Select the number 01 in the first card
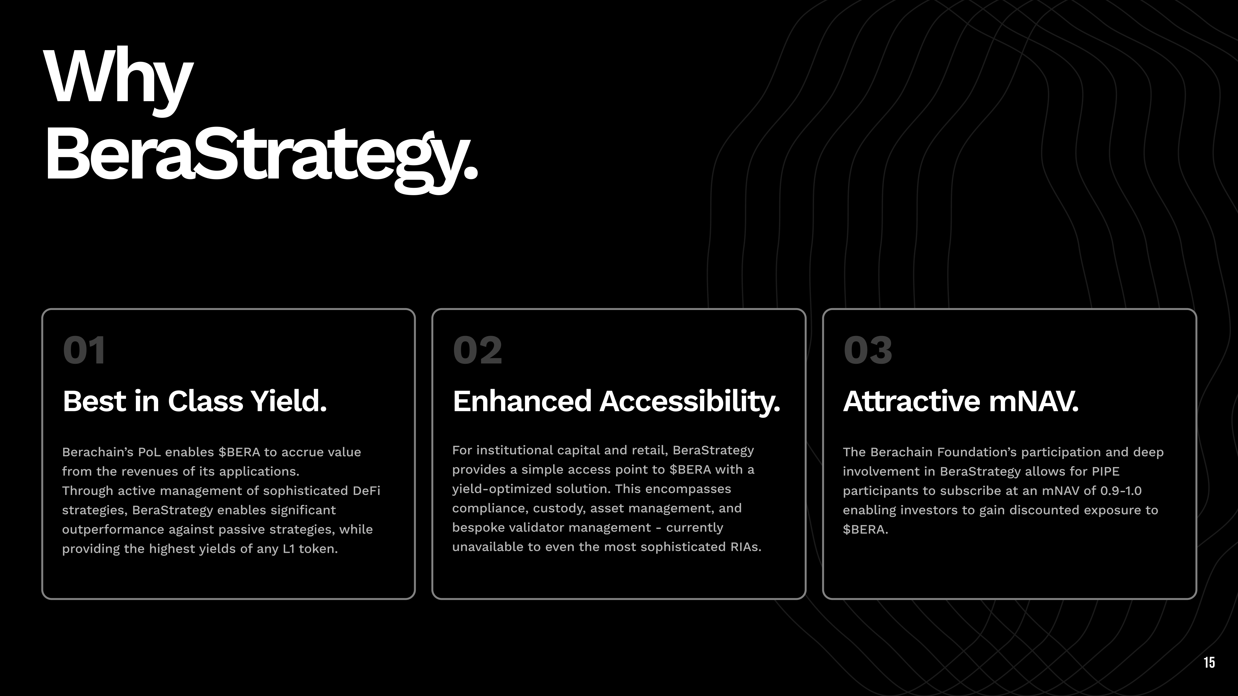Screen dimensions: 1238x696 [84, 350]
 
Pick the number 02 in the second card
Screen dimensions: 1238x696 [477, 350]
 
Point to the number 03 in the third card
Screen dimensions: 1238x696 [868, 350]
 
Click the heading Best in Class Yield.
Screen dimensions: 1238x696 [195, 401]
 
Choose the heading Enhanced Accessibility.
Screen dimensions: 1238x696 [616, 402]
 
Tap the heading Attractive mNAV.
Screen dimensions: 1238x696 [961, 401]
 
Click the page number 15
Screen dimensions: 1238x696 [1209, 662]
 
